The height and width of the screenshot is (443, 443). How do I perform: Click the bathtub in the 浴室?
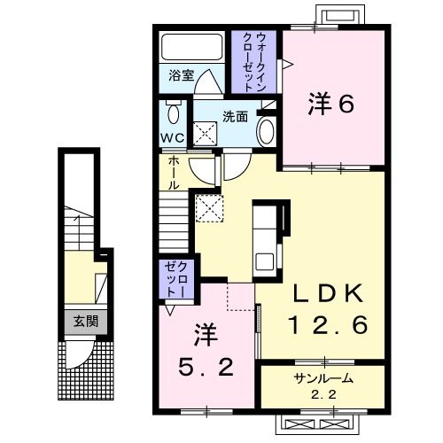click(191, 47)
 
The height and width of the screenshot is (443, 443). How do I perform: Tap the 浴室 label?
click(181, 75)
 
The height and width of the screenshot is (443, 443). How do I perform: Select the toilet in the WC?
click(173, 112)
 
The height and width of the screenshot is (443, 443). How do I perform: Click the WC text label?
click(173, 137)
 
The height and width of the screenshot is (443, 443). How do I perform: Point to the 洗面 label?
click(235, 117)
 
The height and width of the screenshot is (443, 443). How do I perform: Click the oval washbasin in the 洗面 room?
click(266, 132)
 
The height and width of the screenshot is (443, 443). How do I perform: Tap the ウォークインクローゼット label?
click(253, 62)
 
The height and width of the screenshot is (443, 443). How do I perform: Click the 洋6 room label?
click(330, 104)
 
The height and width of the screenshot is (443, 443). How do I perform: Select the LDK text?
click(328, 293)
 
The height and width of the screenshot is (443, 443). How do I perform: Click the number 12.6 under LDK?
click(329, 324)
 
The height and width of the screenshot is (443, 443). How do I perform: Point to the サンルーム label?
click(323, 378)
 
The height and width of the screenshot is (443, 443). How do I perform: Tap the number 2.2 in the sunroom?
click(323, 394)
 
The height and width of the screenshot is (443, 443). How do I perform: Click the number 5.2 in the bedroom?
click(206, 367)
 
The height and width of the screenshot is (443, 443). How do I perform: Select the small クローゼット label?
click(176, 279)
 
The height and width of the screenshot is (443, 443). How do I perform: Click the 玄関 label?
click(86, 322)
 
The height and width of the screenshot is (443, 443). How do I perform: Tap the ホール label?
click(174, 173)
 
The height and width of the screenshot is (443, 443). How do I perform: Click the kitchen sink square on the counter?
click(264, 262)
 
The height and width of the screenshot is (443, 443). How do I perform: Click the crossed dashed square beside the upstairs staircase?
click(209, 208)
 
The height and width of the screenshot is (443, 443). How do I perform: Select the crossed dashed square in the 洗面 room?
click(205, 134)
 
